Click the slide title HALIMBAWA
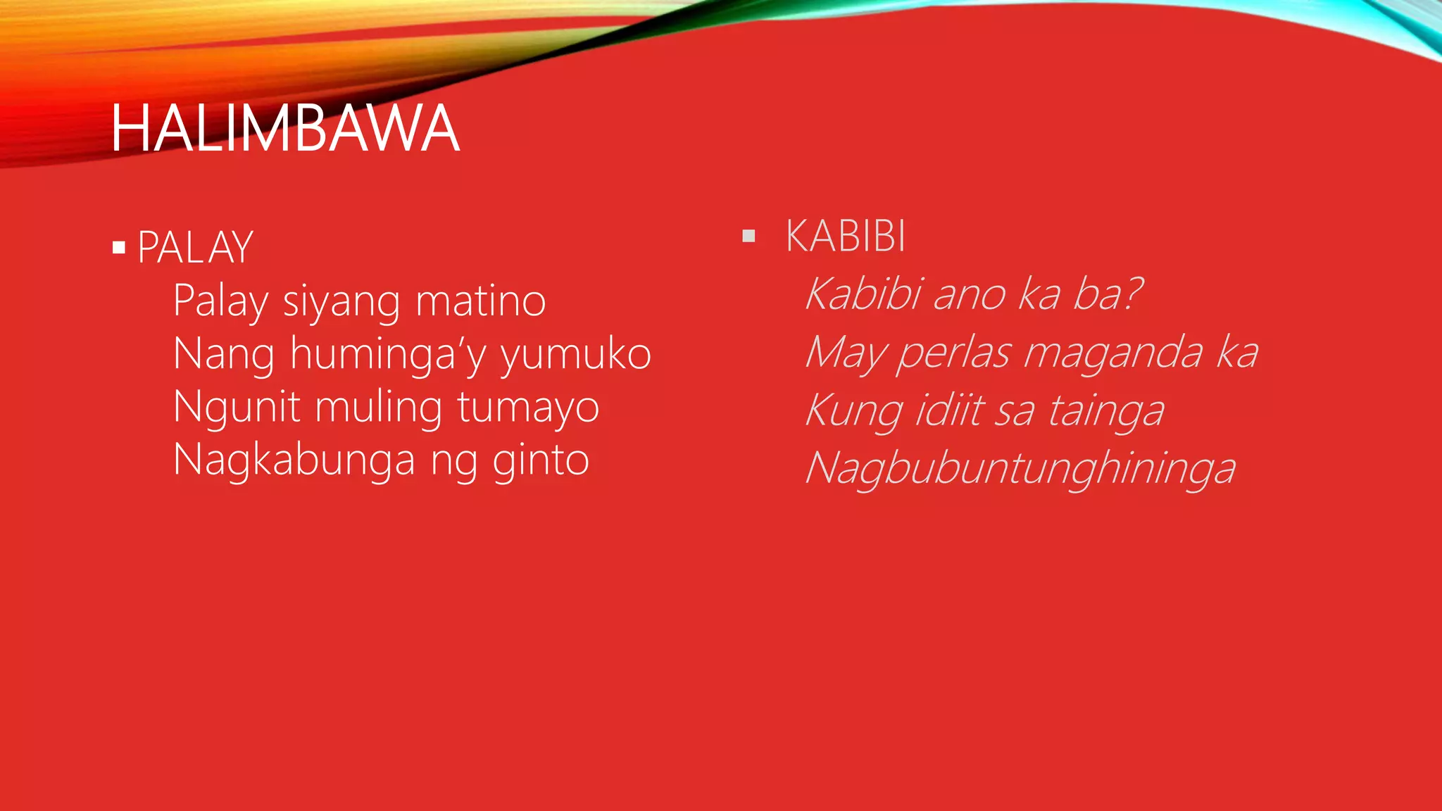pyautogui.click(x=285, y=129)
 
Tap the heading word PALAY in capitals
pyautogui.click(x=195, y=248)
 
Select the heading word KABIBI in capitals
pyautogui.click(x=846, y=236)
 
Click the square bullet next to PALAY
pyautogui.click(x=119, y=248)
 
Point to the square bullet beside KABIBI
pyautogui.click(x=748, y=236)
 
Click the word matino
pyautogui.click(x=480, y=301)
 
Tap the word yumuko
pyautogui.click(x=575, y=355)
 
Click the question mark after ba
pyautogui.click(x=1131, y=293)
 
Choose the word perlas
pyautogui.click(x=954, y=353)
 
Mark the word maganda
pyautogui.click(x=1112, y=353)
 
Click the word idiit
pyautogui.click(x=948, y=410)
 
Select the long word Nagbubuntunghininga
pyautogui.click(x=1020, y=469)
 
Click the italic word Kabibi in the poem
pyautogui.click(x=864, y=293)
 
